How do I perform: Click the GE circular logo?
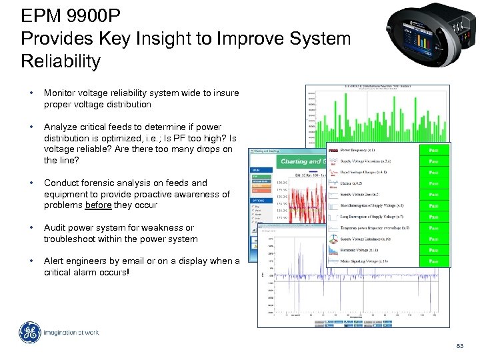tap(29, 333)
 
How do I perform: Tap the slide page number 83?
tap(459, 345)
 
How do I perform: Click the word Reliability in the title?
tap(61, 61)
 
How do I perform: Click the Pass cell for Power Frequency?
tap(433, 150)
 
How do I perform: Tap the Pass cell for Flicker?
tap(433, 183)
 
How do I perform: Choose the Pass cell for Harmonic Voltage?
tap(433, 250)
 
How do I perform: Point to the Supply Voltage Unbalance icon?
tap(333, 239)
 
